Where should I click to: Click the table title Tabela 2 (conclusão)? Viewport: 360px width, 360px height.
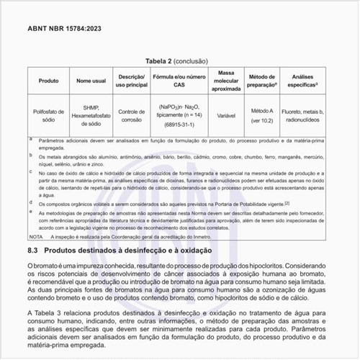point(179,63)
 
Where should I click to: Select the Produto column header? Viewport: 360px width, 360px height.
point(49,80)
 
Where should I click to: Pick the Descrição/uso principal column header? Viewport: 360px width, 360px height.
point(132,80)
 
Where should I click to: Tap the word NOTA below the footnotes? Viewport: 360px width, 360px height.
point(36,236)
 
